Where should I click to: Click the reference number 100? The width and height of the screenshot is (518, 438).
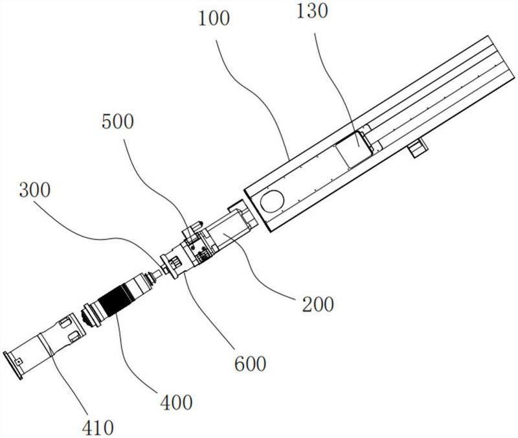214,18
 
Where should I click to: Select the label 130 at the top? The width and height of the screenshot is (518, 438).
312,10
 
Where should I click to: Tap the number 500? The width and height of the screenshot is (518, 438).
118,121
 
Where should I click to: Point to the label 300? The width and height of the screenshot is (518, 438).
35,190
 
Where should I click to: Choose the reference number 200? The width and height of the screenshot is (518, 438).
318,304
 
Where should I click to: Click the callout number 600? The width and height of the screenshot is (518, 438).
250,363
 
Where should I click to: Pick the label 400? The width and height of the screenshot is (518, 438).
176,402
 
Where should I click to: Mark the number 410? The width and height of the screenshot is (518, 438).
98,428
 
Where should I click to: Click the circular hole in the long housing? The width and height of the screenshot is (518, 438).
272,202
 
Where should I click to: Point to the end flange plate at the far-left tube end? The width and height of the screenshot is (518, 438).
12,365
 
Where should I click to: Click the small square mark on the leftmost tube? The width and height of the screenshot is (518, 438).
20,361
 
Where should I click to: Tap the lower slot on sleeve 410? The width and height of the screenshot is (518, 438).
74,336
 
